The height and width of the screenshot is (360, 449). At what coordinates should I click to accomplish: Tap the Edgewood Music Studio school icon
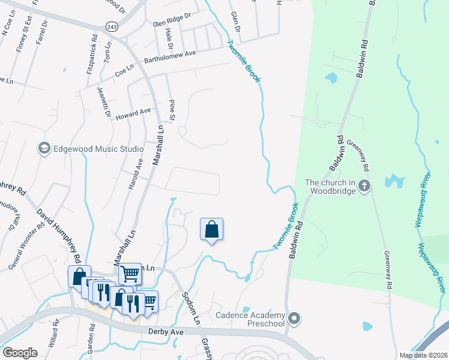pos(44,148)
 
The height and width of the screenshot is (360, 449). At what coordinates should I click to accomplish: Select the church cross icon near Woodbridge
pos(364,186)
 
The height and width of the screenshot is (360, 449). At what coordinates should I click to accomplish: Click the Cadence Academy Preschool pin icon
pos(294,317)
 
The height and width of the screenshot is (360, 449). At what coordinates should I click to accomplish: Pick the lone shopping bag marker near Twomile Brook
pos(211,230)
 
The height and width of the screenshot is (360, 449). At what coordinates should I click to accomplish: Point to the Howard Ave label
pos(133,113)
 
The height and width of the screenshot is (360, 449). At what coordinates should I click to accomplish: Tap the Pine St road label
pos(172,110)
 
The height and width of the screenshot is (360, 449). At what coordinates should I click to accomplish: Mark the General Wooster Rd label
pos(26,246)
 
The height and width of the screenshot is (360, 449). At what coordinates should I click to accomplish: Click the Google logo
pos(20,353)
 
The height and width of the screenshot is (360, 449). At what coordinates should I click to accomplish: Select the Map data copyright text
pos(423,355)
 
